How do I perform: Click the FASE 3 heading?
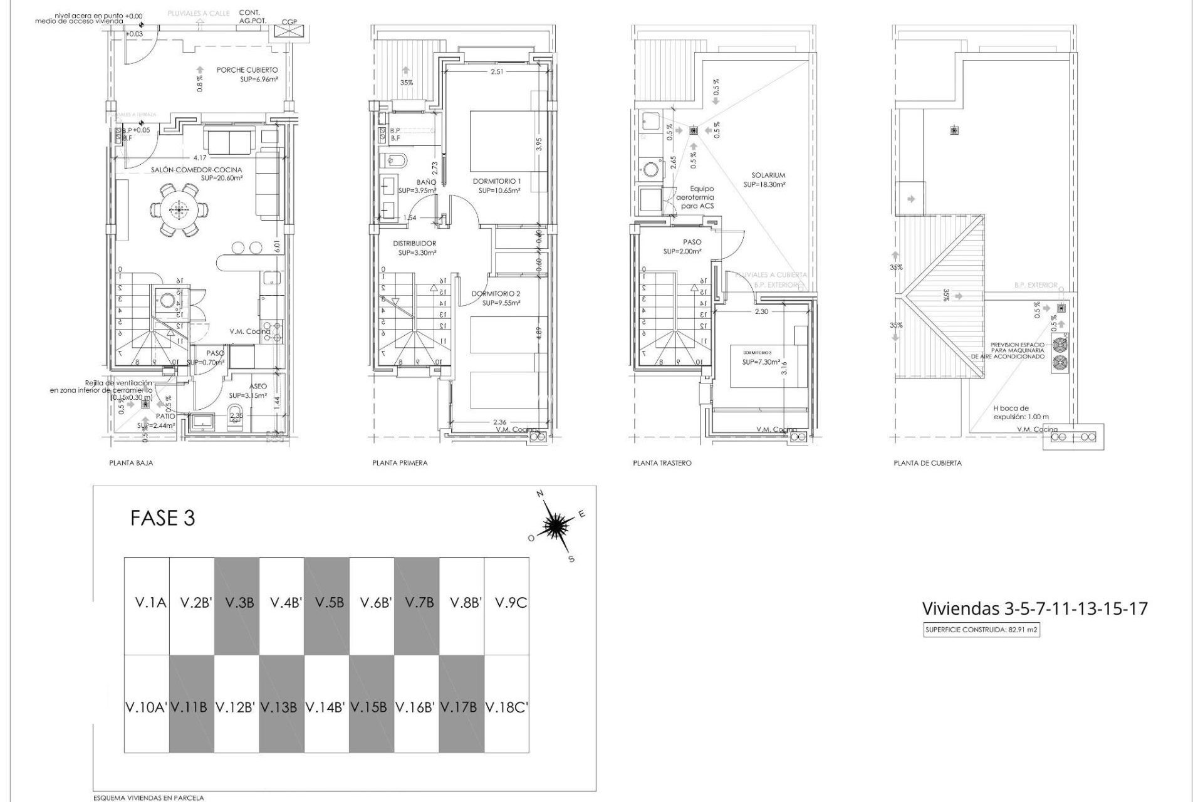pyautogui.click(x=162, y=518)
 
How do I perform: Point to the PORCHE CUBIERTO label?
pyautogui.click(x=247, y=70)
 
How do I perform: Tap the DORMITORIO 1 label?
pyautogui.click(x=496, y=181)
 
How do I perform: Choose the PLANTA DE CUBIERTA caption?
pyautogui.click(x=927, y=463)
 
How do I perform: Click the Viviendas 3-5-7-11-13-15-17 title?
pyautogui.click(x=1034, y=608)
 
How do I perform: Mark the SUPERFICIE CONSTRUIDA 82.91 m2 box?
pyautogui.click(x=981, y=630)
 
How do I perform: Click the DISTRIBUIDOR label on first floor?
pyautogui.click(x=414, y=243)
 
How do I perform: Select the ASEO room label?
pyautogui.click(x=258, y=387)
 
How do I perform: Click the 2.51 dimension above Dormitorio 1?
pyautogui.click(x=497, y=71)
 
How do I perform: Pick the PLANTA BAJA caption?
pyautogui.click(x=131, y=463)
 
